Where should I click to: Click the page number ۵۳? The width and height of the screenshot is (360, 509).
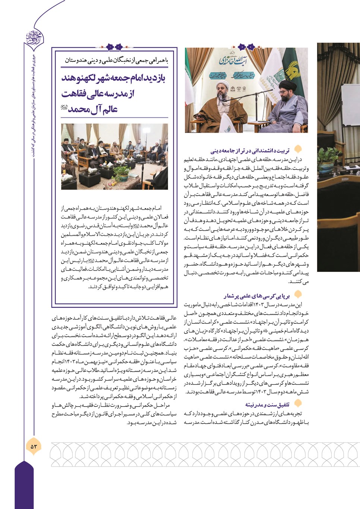(x=34, y=446)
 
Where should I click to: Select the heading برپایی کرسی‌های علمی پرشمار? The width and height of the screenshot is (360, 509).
(x=256, y=296)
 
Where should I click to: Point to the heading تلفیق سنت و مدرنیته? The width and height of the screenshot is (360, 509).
(x=267, y=405)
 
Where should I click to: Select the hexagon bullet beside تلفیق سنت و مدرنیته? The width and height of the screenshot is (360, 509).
(x=297, y=404)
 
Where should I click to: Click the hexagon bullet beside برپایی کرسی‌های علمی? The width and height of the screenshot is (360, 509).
(x=297, y=295)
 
